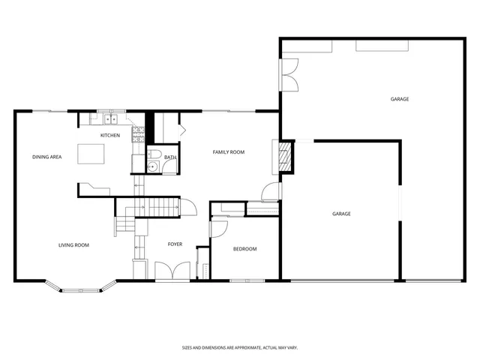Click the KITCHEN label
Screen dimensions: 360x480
pos(110,135)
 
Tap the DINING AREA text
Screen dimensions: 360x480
pos(46,157)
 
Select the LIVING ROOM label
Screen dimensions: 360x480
pos(74,244)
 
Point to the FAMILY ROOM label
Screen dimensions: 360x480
pos(229,152)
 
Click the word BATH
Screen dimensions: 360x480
pos(170,157)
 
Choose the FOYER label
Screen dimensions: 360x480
pos(175,244)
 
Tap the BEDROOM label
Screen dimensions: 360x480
pos(244,249)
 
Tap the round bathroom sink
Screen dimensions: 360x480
pos(151,166)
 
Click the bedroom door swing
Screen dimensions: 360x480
pos(220,227)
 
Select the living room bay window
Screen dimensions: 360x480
pos(80,287)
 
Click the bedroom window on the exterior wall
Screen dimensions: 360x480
pos(247,281)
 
